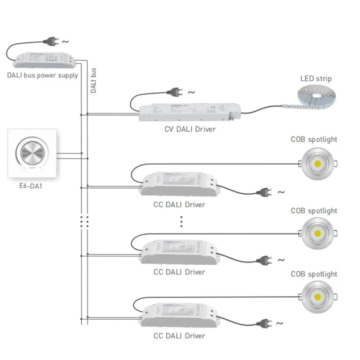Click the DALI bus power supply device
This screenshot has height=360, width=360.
[45, 60]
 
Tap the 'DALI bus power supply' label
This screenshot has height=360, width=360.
[42, 76]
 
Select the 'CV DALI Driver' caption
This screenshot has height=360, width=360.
[190, 129]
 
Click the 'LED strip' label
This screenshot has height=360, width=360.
[316, 78]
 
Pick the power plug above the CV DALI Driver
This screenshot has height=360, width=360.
[175, 92]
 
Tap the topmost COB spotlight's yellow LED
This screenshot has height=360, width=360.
[318, 164]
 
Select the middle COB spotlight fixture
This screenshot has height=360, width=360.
[318, 233]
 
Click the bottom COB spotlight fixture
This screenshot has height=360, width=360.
[318, 297]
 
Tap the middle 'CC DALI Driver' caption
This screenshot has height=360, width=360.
[179, 272]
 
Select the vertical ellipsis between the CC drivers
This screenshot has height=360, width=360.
[181, 221]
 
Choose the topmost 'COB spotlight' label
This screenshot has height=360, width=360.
[314, 139]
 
